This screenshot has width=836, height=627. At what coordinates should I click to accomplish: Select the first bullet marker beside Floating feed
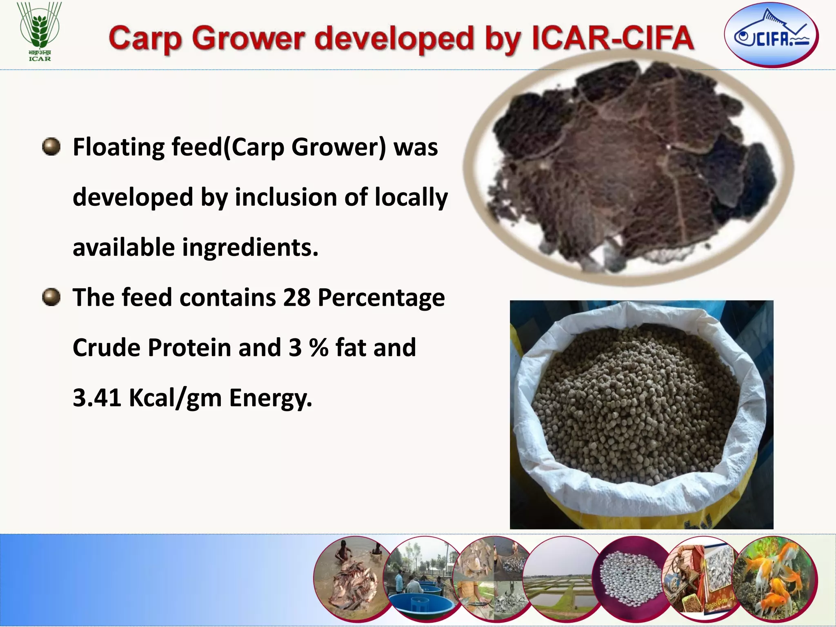pos(51,147)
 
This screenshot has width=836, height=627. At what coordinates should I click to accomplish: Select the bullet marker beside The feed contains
pos(51,297)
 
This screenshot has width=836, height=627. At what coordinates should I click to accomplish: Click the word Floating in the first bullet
pos(119,147)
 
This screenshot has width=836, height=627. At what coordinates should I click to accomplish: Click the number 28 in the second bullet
pos(297,297)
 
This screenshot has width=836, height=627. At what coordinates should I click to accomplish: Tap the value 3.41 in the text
pos(97,398)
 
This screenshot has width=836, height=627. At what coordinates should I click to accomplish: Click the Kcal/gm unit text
pos(176,398)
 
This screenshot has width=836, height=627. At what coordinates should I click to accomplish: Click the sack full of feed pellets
pos(641,414)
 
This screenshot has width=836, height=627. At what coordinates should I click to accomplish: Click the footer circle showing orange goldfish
pos(776,580)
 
